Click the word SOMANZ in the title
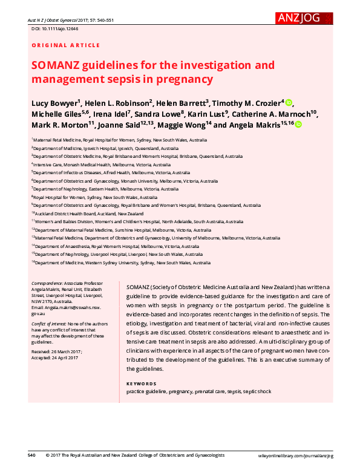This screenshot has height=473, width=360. tap(59, 65)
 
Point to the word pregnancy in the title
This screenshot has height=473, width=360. tap(189, 79)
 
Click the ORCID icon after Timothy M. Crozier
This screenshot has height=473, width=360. tap(289, 102)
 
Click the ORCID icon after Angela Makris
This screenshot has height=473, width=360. tap(299, 125)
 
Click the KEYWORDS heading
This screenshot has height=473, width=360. tap(141, 383)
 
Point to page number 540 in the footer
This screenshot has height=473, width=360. tap(32, 455)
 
